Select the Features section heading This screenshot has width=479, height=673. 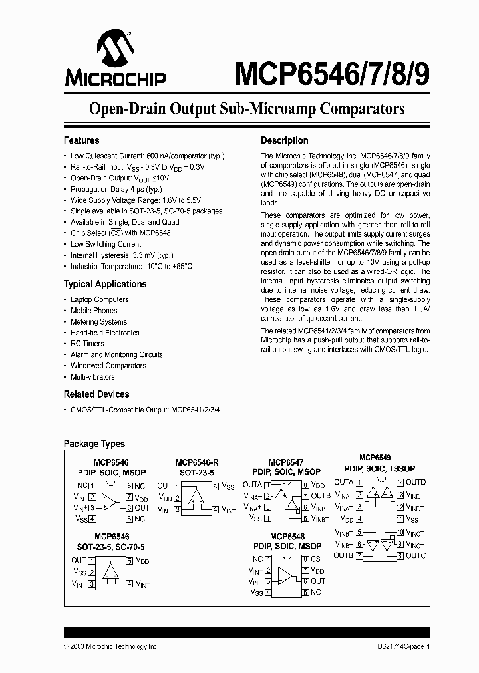pos(81,140)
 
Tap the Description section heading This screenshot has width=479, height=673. pos(284,140)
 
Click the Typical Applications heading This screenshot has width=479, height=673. pos(104,284)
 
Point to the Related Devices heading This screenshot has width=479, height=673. pos(96,394)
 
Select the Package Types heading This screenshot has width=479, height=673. pos(94,444)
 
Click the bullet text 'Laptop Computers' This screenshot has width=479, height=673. pos(99,299)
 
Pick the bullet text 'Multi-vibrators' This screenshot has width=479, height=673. pos(92,377)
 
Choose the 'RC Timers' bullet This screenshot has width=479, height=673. pos(87,344)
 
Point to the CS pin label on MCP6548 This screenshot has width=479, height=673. pos(315,559)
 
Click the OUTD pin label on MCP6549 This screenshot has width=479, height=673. pos(416,482)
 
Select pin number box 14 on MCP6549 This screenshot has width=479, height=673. pos(400,482)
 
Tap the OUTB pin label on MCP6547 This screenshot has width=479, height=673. pos(320,496)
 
